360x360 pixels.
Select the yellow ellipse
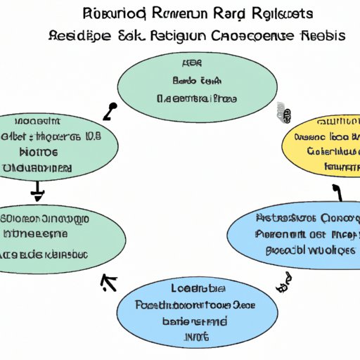pyautogui.click(x=320, y=143)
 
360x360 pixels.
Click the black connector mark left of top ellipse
pyautogui.click(x=111, y=111)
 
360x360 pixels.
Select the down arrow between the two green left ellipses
pyautogui.click(x=38, y=190)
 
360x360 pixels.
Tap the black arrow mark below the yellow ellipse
pyautogui.click(x=336, y=190)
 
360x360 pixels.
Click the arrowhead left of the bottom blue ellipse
pyautogui.click(x=108, y=283)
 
